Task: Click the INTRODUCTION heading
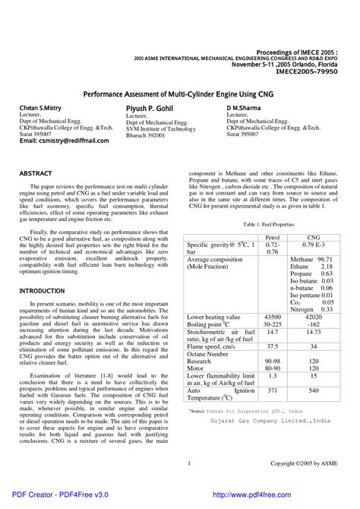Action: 43,290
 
